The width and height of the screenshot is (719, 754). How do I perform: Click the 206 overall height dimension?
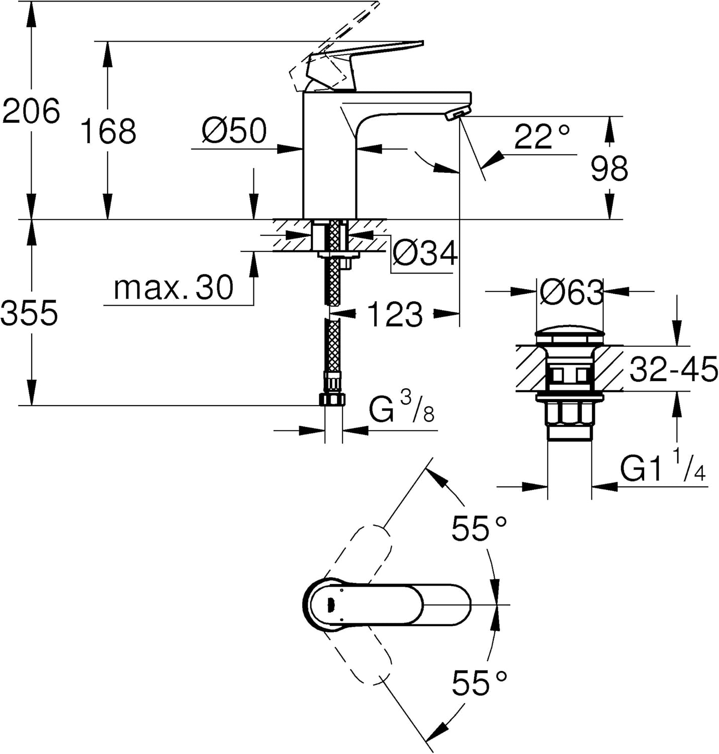click(31, 111)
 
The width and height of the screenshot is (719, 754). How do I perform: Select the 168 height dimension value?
click(108, 131)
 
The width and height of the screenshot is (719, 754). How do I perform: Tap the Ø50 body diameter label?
click(234, 131)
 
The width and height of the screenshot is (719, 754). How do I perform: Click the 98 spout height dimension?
click(609, 168)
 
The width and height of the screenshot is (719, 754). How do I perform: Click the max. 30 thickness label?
click(173, 288)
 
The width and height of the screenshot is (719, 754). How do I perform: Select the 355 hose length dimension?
click(29, 313)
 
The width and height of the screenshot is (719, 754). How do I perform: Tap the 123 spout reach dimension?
click(395, 315)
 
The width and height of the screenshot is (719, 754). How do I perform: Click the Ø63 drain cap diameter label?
click(571, 293)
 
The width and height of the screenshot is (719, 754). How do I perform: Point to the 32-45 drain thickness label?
click(673, 369)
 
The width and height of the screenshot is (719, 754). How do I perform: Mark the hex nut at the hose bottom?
click(332, 400)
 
